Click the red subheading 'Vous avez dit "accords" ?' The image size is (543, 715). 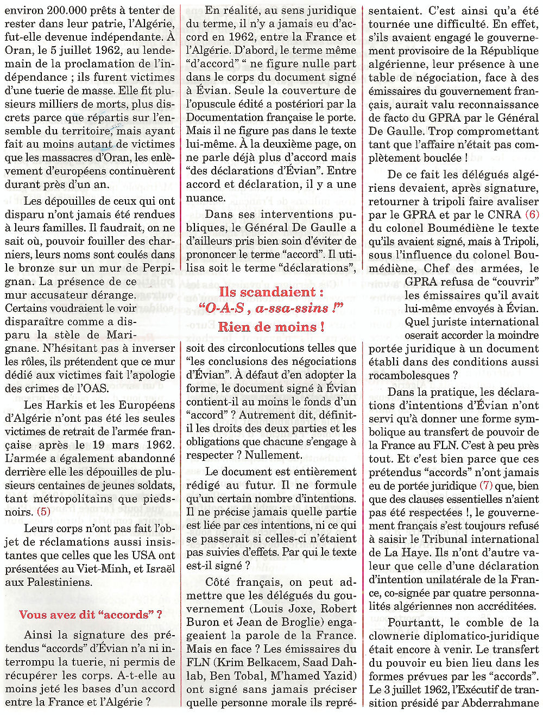(90, 615)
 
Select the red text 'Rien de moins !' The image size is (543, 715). (271, 327)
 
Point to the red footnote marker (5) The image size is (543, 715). (43, 511)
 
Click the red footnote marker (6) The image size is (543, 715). (532, 214)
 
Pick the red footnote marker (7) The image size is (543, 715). (486, 485)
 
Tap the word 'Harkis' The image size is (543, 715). (65, 404)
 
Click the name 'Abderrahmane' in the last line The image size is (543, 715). (500, 703)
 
